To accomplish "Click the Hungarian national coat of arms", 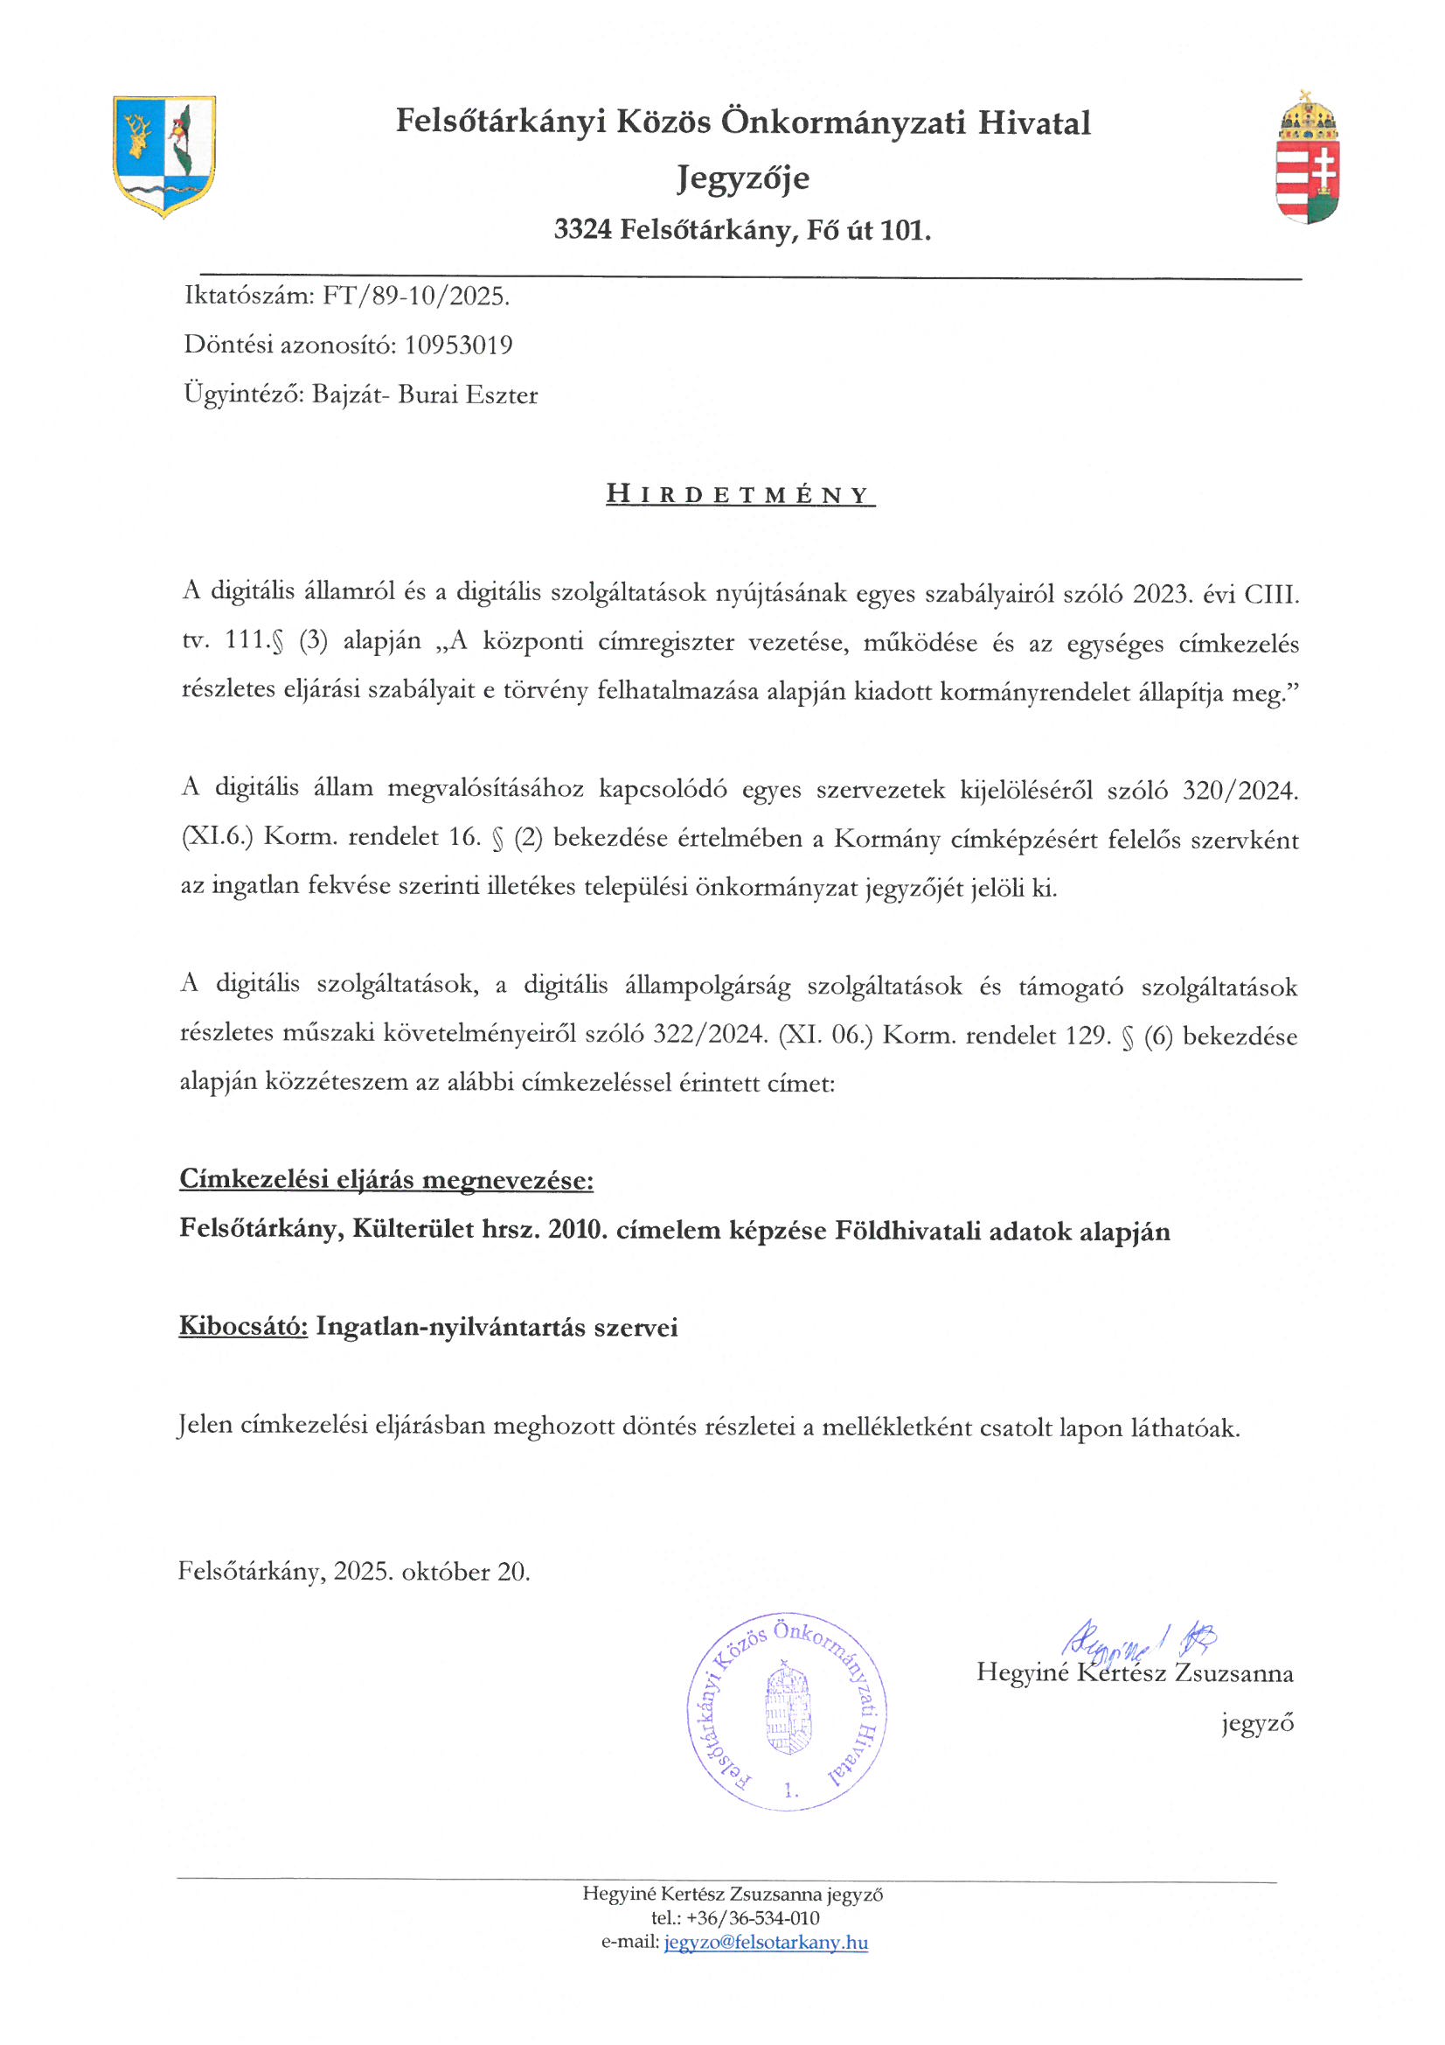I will coord(1307,158).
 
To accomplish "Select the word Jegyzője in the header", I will coord(742,178).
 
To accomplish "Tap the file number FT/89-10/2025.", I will coord(416,296).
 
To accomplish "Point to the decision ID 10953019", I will coord(459,345).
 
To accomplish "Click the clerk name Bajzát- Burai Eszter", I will coord(425,394).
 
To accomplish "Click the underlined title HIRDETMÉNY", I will coord(740,494).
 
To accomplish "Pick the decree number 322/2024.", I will coord(710,1034).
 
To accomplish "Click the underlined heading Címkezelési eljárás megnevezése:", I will coord(386,1180).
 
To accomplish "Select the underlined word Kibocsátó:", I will coord(243,1327).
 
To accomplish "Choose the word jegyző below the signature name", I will coord(1257,1723).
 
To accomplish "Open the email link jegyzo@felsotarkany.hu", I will coord(766,1943).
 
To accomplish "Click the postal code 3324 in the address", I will coord(582,231).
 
